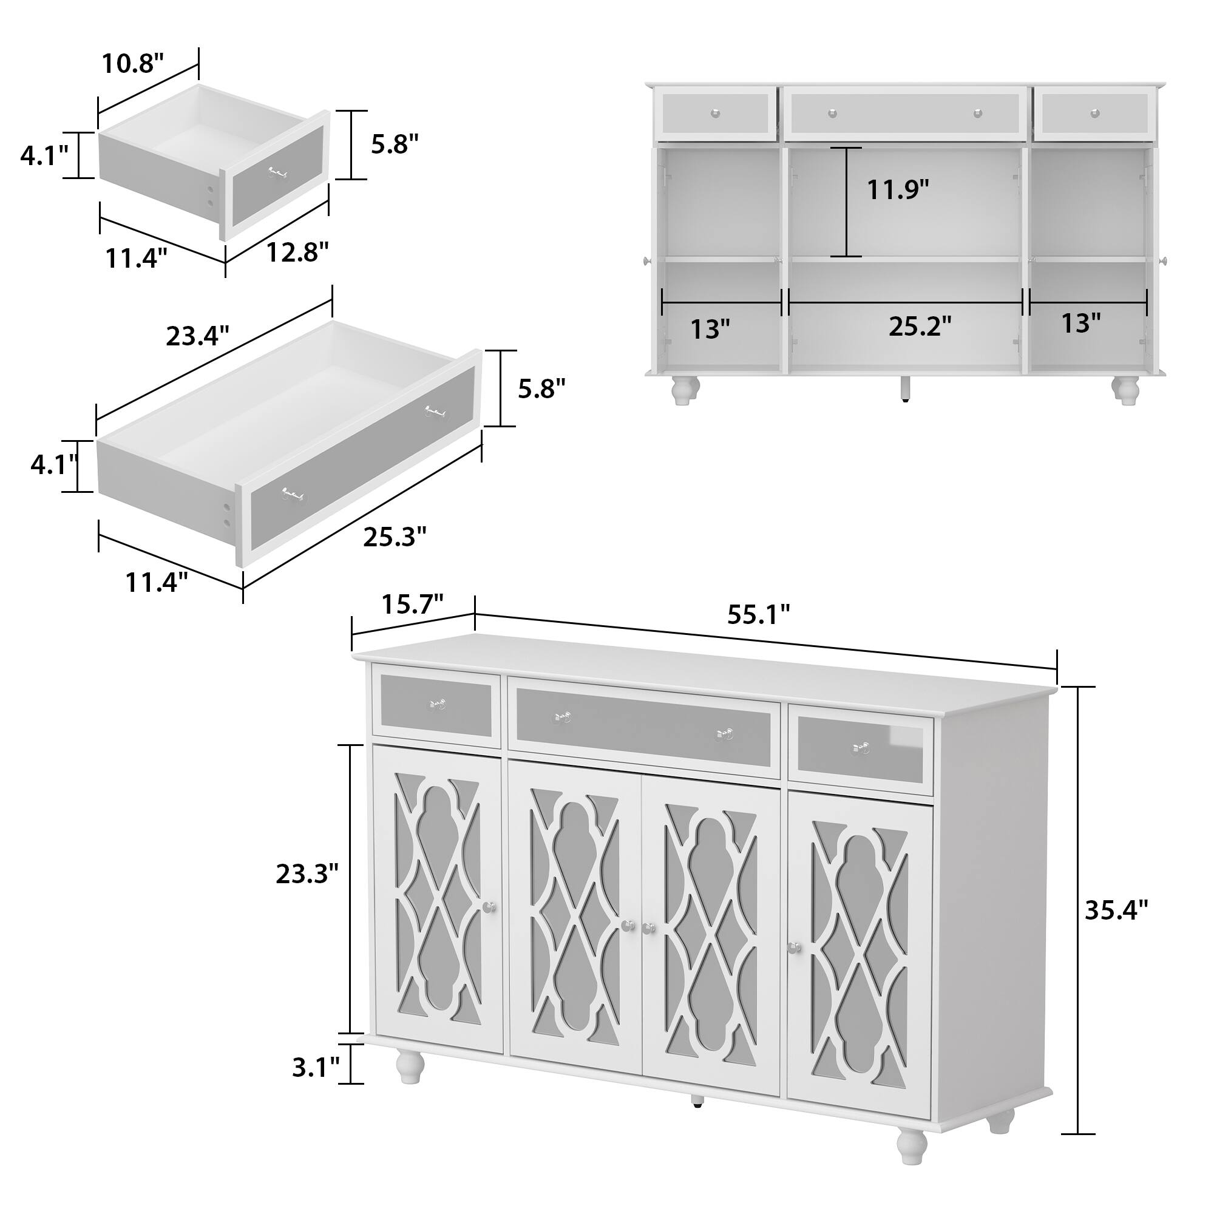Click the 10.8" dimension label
pyautogui.click(x=132, y=64)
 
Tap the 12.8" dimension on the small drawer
pyautogui.click(x=297, y=252)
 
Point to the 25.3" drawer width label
pyautogui.click(x=395, y=537)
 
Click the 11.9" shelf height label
pyautogui.click(x=898, y=189)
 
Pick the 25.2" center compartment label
pyautogui.click(x=920, y=326)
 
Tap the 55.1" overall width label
pyautogui.click(x=758, y=614)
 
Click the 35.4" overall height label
pyautogui.click(x=1117, y=910)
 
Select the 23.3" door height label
pyautogui.click(x=307, y=873)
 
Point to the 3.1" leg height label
pyautogui.click(x=316, y=1067)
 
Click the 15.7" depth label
pyautogui.click(x=413, y=605)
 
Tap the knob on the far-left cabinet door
pyautogui.click(x=490, y=907)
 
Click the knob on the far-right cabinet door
pyautogui.click(x=795, y=948)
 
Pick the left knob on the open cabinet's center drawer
pyautogui.click(x=833, y=113)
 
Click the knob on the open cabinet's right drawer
pyautogui.click(x=1094, y=113)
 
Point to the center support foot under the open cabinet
pyautogui.click(x=905, y=388)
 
